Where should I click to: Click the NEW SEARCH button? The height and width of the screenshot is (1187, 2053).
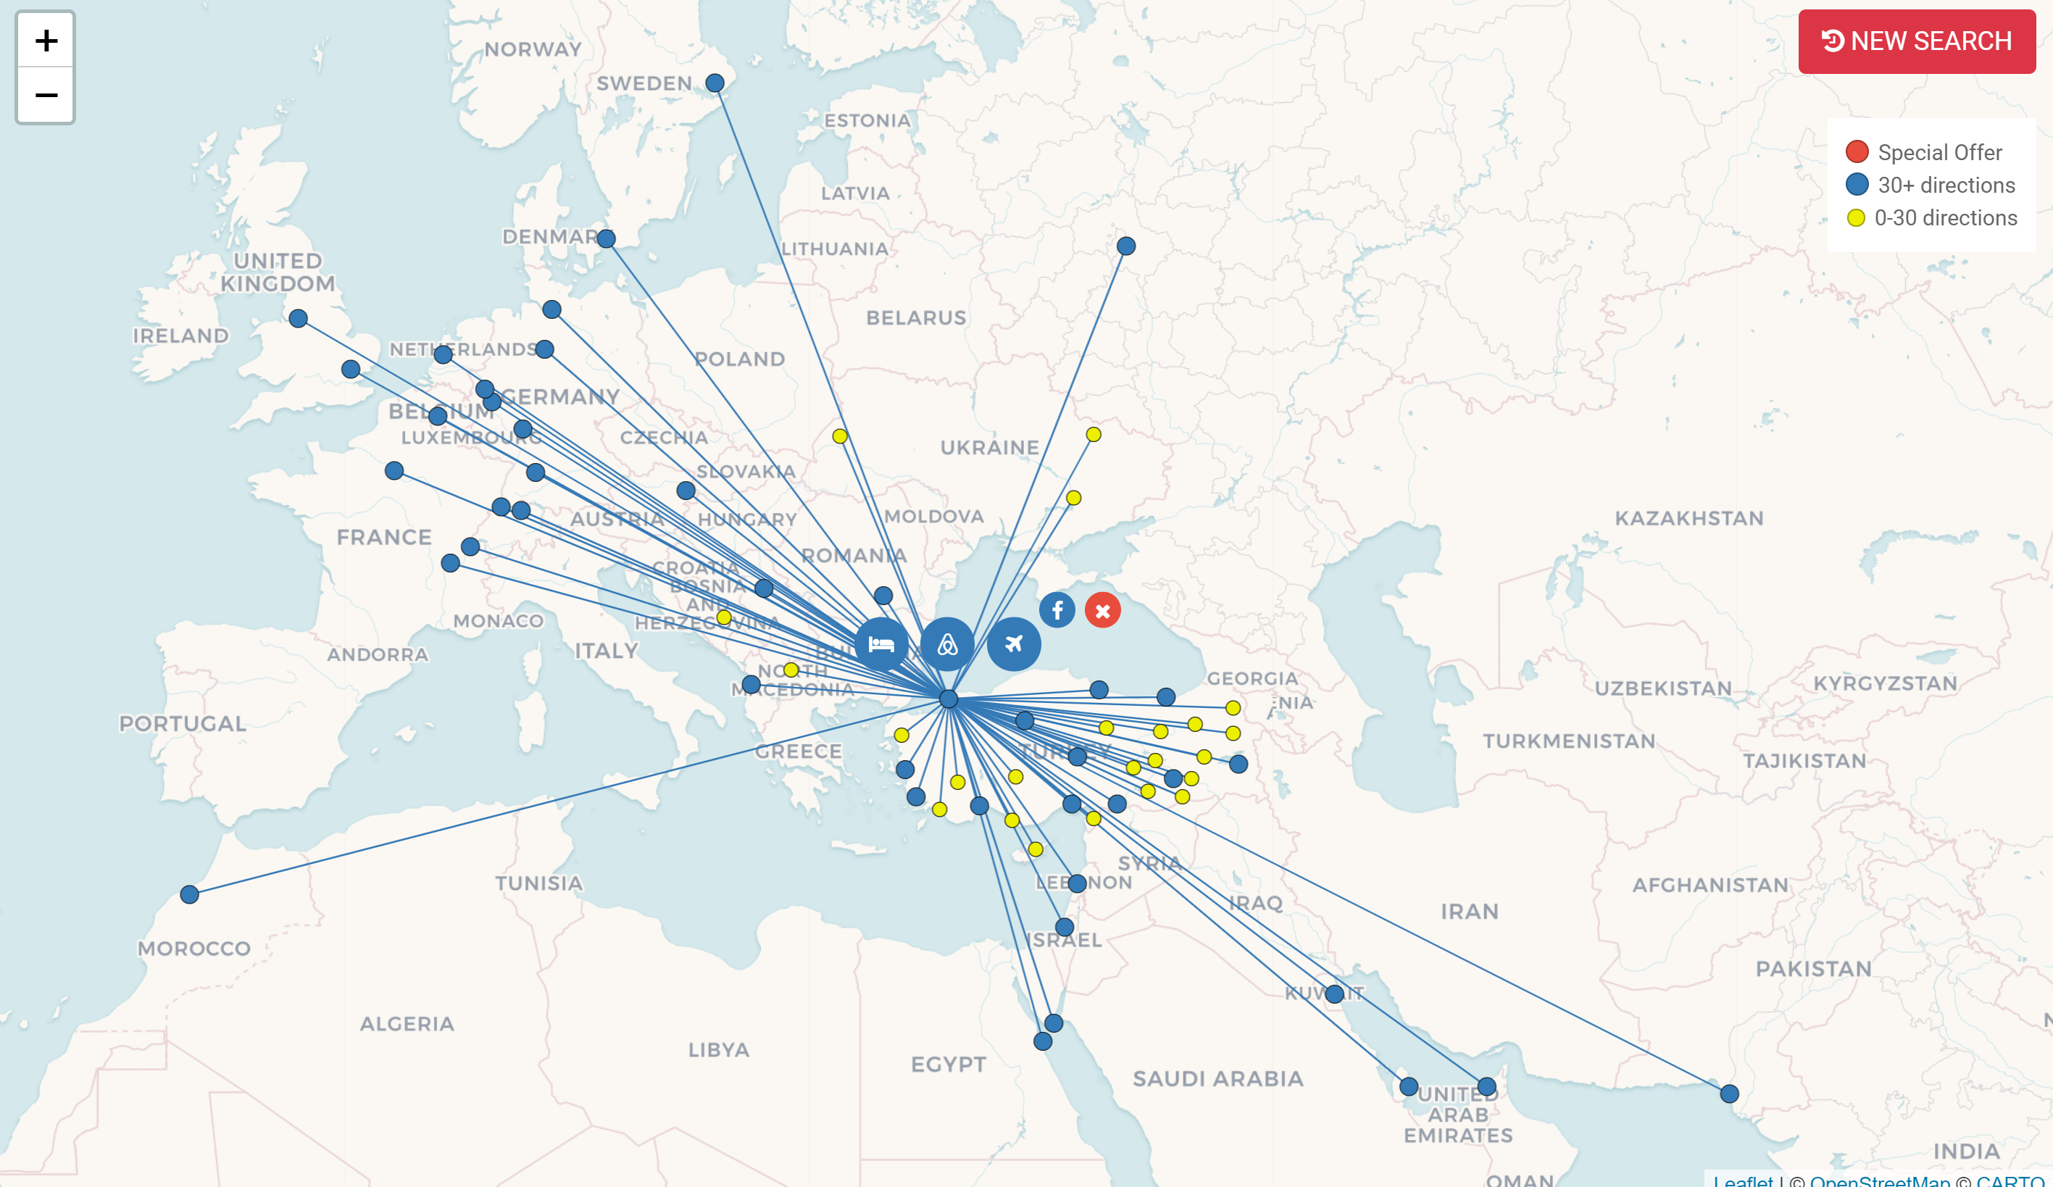pyautogui.click(x=1916, y=41)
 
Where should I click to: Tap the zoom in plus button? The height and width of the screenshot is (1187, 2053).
pyautogui.click(x=46, y=41)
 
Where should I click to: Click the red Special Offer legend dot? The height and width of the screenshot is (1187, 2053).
pyautogui.click(x=1857, y=151)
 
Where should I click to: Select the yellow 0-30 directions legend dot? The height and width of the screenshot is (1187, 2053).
pyautogui.click(x=1856, y=217)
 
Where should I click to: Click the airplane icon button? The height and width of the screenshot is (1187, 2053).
pyautogui.click(x=1014, y=644)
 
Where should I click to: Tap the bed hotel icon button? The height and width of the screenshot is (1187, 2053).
pyautogui.click(x=881, y=644)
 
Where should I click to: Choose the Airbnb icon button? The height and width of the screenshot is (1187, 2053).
pyautogui.click(x=946, y=644)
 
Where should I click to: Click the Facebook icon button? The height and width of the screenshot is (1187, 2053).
pyautogui.click(x=1057, y=610)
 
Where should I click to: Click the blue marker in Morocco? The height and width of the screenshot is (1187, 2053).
pyautogui.click(x=190, y=894)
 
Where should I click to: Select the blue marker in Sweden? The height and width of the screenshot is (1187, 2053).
pyautogui.click(x=715, y=83)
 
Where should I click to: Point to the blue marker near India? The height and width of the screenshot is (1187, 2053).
pyautogui.click(x=1729, y=1094)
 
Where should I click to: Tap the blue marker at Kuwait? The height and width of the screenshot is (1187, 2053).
pyautogui.click(x=1334, y=994)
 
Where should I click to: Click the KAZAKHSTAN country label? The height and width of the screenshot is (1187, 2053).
pyautogui.click(x=1688, y=518)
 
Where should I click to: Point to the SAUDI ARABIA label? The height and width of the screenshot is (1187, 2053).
pyautogui.click(x=1218, y=1078)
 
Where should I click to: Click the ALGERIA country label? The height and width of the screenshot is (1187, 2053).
pyautogui.click(x=407, y=1023)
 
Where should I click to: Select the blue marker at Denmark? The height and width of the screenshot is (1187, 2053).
pyautogui.click(x=606, y=238)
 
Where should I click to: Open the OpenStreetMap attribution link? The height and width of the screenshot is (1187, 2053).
pyautogui.click(x=1880, y=1180)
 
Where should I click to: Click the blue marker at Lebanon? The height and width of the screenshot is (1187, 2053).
pyautogui.click(x=1077, y=883)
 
